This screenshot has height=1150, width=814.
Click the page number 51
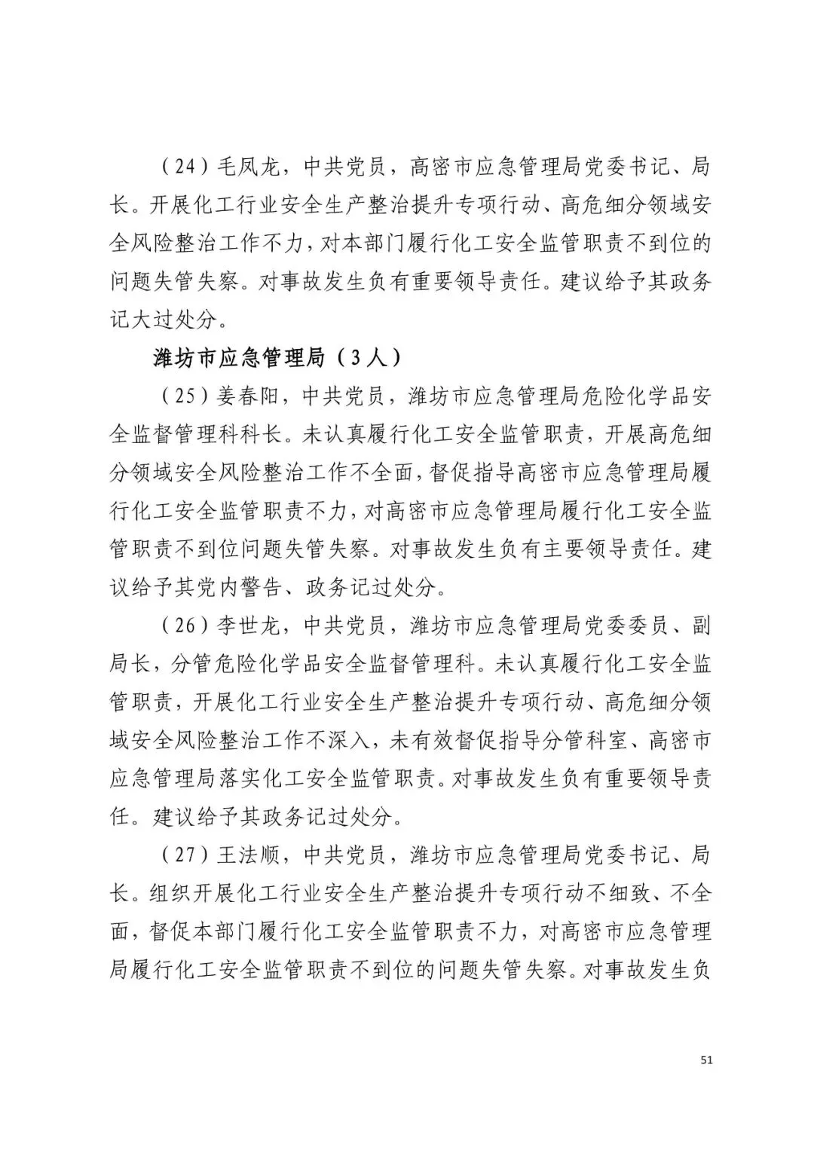(706, 1060)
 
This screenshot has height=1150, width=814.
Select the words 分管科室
(574, 740)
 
